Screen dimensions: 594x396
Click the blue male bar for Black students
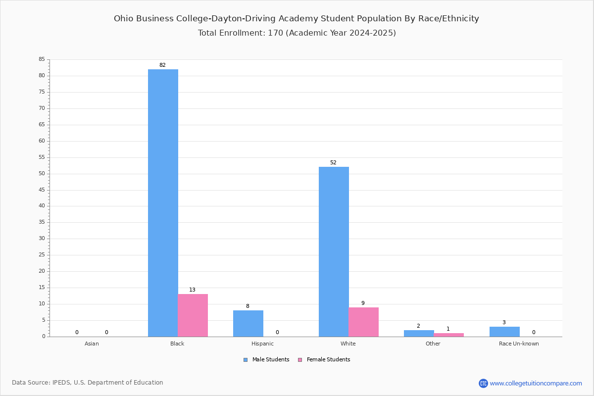pos(163,203)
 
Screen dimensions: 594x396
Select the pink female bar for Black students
pos(193,315)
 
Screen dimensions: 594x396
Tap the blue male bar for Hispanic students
pos(248,324)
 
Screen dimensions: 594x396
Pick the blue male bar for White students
pos(334,252)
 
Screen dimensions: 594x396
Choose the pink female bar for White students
pos(363,322)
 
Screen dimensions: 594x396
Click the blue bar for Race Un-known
pos(504,332)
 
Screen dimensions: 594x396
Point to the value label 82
pos(162,65)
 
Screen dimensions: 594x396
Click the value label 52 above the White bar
pos(333,162)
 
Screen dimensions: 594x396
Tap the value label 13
pos(192,290)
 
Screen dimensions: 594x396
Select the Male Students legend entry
pos(266,360)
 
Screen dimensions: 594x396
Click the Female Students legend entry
pos(324,360)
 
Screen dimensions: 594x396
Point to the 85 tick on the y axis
pos(42,59)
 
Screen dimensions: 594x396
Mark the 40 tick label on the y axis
pos(42,206)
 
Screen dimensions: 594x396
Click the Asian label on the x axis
pos(92,344)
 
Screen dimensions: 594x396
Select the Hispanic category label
pos(262,344)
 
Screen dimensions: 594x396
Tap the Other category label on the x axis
pos(433,344)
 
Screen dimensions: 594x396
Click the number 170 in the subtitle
pos(276,33)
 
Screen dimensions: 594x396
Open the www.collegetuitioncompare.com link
pos(536,384)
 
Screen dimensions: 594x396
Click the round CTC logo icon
pos(484,384)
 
